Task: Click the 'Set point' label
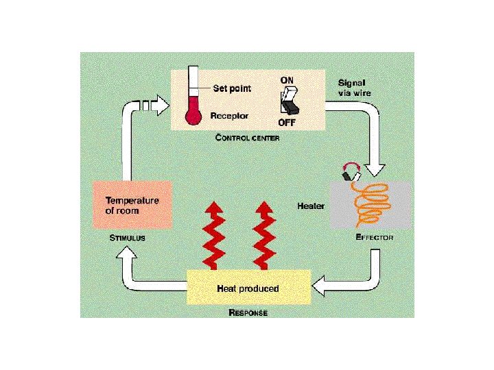232,88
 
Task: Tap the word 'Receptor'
228,116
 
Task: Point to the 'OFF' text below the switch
287,123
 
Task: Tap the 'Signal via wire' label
355,86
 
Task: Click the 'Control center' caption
248,137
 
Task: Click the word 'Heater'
311,206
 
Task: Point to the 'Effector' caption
375,237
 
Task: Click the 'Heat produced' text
248,288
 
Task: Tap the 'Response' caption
248,313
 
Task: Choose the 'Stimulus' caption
128,238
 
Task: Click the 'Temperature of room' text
132,206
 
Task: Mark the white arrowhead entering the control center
158,106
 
